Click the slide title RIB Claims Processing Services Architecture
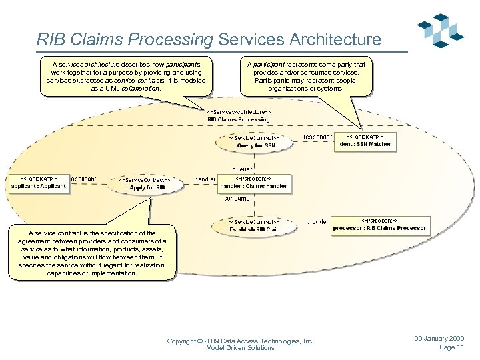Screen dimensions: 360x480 click(x=209, y=39)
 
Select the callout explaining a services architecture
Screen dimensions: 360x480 click(x=126, y=75)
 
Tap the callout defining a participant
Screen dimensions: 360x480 click(x=306, y=76)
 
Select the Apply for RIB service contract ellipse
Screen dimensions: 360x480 click(x=145, y=183)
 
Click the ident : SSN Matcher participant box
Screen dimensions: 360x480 click(x=365, y=141)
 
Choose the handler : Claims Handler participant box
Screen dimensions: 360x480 click(x=254, y=182)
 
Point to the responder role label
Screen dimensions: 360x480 click(x=317, y=137)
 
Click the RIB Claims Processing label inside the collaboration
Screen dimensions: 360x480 click(x=239, y=119)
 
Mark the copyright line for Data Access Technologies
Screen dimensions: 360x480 click(x=240, y=344)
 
